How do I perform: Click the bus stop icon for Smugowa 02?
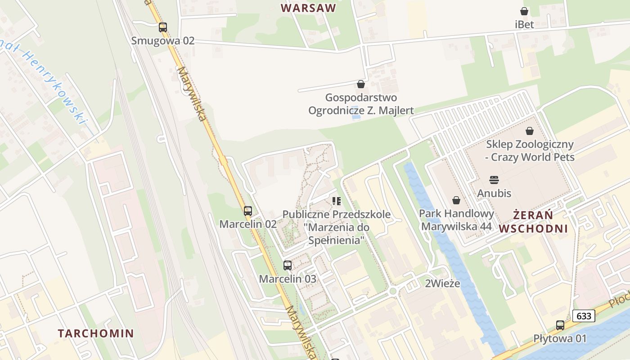[x=163, y=27]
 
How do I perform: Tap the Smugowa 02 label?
[x=163, y=40]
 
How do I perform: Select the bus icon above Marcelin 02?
[x=248, y=211]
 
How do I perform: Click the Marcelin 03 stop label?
[x=288, y=279]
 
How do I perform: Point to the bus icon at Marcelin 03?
[x=288, y=265]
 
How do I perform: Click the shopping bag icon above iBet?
[x=524, y=11]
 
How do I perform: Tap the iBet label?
[x=524, y=24]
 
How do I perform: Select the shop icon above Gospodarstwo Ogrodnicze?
[x=360, y=84]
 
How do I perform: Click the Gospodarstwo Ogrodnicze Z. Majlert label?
[x=361, y=104]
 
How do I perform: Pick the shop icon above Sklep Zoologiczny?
[x=530, y=131]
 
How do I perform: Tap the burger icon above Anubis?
[x=494, y=180]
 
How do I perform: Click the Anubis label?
[x=494, y=193]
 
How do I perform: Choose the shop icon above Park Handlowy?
[x=456, y=200]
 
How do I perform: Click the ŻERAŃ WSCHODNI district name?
[x=533, y=221]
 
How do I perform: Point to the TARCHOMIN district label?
[x=96, y=333]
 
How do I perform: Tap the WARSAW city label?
[x=309, y=8]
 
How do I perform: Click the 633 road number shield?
[x=584, y=316]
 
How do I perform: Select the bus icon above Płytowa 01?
[x=560, y=325]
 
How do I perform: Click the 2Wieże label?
[x=443, y=283]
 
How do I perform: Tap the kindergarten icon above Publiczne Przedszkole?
[x=337, y=201]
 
